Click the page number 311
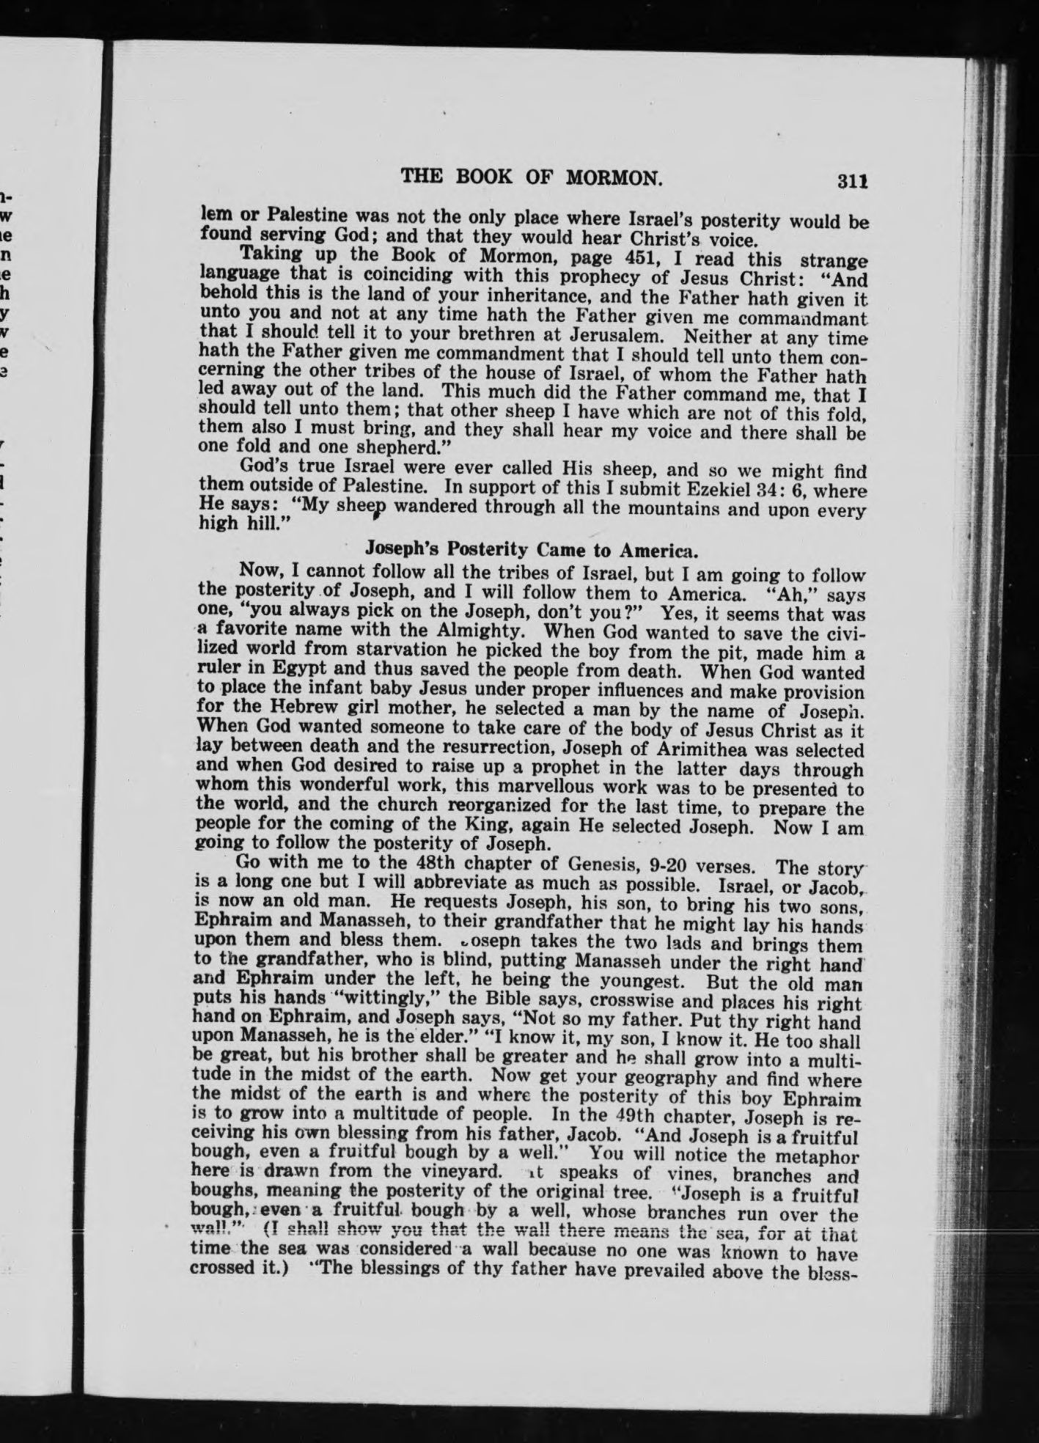pos(853,180)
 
